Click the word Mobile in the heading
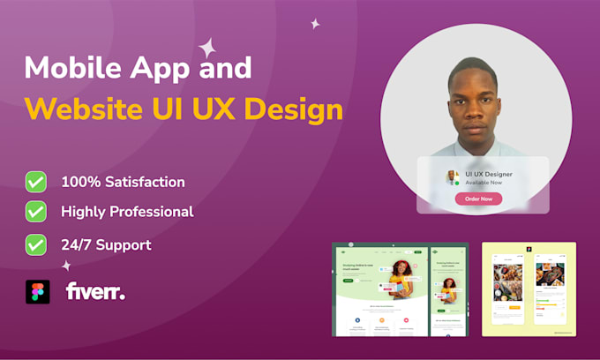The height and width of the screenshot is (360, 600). pos(74,69)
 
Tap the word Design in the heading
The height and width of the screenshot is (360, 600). pos(293,110)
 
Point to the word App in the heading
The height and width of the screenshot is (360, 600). pos(163,69)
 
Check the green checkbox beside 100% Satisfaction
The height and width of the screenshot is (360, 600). pos(36,182)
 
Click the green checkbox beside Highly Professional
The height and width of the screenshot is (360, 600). pos(36,212)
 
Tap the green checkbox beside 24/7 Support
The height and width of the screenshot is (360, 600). pos(36,244)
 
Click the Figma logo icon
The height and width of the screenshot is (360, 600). pos(36,292)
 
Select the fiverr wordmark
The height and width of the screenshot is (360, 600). pos(95,292)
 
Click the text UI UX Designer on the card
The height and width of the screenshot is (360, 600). pos(489,174)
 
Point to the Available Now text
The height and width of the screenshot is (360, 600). pos(484,184)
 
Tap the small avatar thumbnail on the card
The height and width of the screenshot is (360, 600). pos(453,177)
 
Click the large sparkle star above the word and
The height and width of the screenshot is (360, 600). pos(208,48)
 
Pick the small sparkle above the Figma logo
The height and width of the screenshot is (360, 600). pos(66,265)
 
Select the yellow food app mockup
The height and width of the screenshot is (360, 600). pos(529,289)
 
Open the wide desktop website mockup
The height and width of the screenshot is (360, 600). pos(379,289)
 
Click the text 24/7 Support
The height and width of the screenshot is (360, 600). pos(106,245)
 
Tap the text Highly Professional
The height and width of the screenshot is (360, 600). pos(127,212)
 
